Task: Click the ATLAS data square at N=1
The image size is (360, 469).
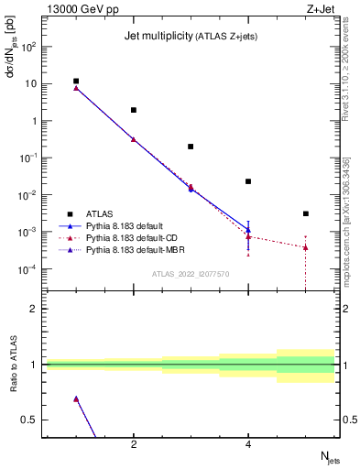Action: point(76,82)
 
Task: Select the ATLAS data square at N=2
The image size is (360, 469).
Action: point(134,110)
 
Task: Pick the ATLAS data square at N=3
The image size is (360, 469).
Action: point(191,147)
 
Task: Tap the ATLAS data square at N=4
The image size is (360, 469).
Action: point(248,181)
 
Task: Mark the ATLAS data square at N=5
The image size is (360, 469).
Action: point(305,213)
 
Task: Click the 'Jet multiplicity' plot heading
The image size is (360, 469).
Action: point(160,36)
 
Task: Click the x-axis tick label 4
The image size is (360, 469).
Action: point(248,445)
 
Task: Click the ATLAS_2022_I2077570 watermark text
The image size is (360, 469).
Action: point(191,274)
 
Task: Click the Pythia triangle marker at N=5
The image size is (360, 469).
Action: point(305,247)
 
